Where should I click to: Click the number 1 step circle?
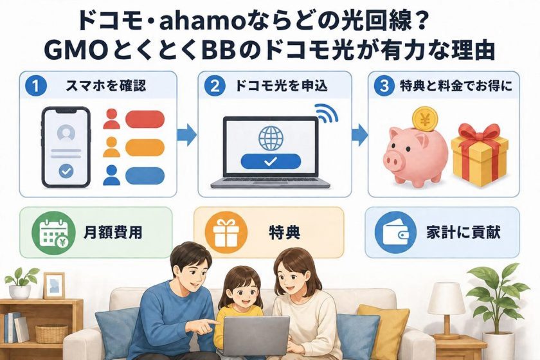[x=36, y=85]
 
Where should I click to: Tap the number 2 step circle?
[x=215, y=85]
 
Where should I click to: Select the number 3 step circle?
[x=384, y=85]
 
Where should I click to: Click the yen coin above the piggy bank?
[x=426, y=119]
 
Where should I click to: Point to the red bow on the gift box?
[x=479, y=134]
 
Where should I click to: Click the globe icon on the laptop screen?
[x=271, y=138]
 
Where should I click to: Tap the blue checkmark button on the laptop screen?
[x=271, y=161]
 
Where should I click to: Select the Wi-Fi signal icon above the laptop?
[x=326, y=113]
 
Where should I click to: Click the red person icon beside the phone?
[x=112, y=119]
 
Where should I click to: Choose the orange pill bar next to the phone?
[x=145, y=147]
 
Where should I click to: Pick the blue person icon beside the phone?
[x=112, y=175]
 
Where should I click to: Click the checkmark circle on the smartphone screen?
[x=66, y=171]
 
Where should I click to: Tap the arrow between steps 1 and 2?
[x=186, y=135]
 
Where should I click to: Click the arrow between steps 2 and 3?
[x=359, y=135]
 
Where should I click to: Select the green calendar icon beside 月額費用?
[x=53, y=233]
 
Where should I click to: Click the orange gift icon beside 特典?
[x=226, y=233]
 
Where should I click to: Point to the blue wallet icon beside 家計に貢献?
[x=396, y=233]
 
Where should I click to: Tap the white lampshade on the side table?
[x=446, y=298]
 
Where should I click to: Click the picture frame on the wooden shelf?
[x=54, y=285]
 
